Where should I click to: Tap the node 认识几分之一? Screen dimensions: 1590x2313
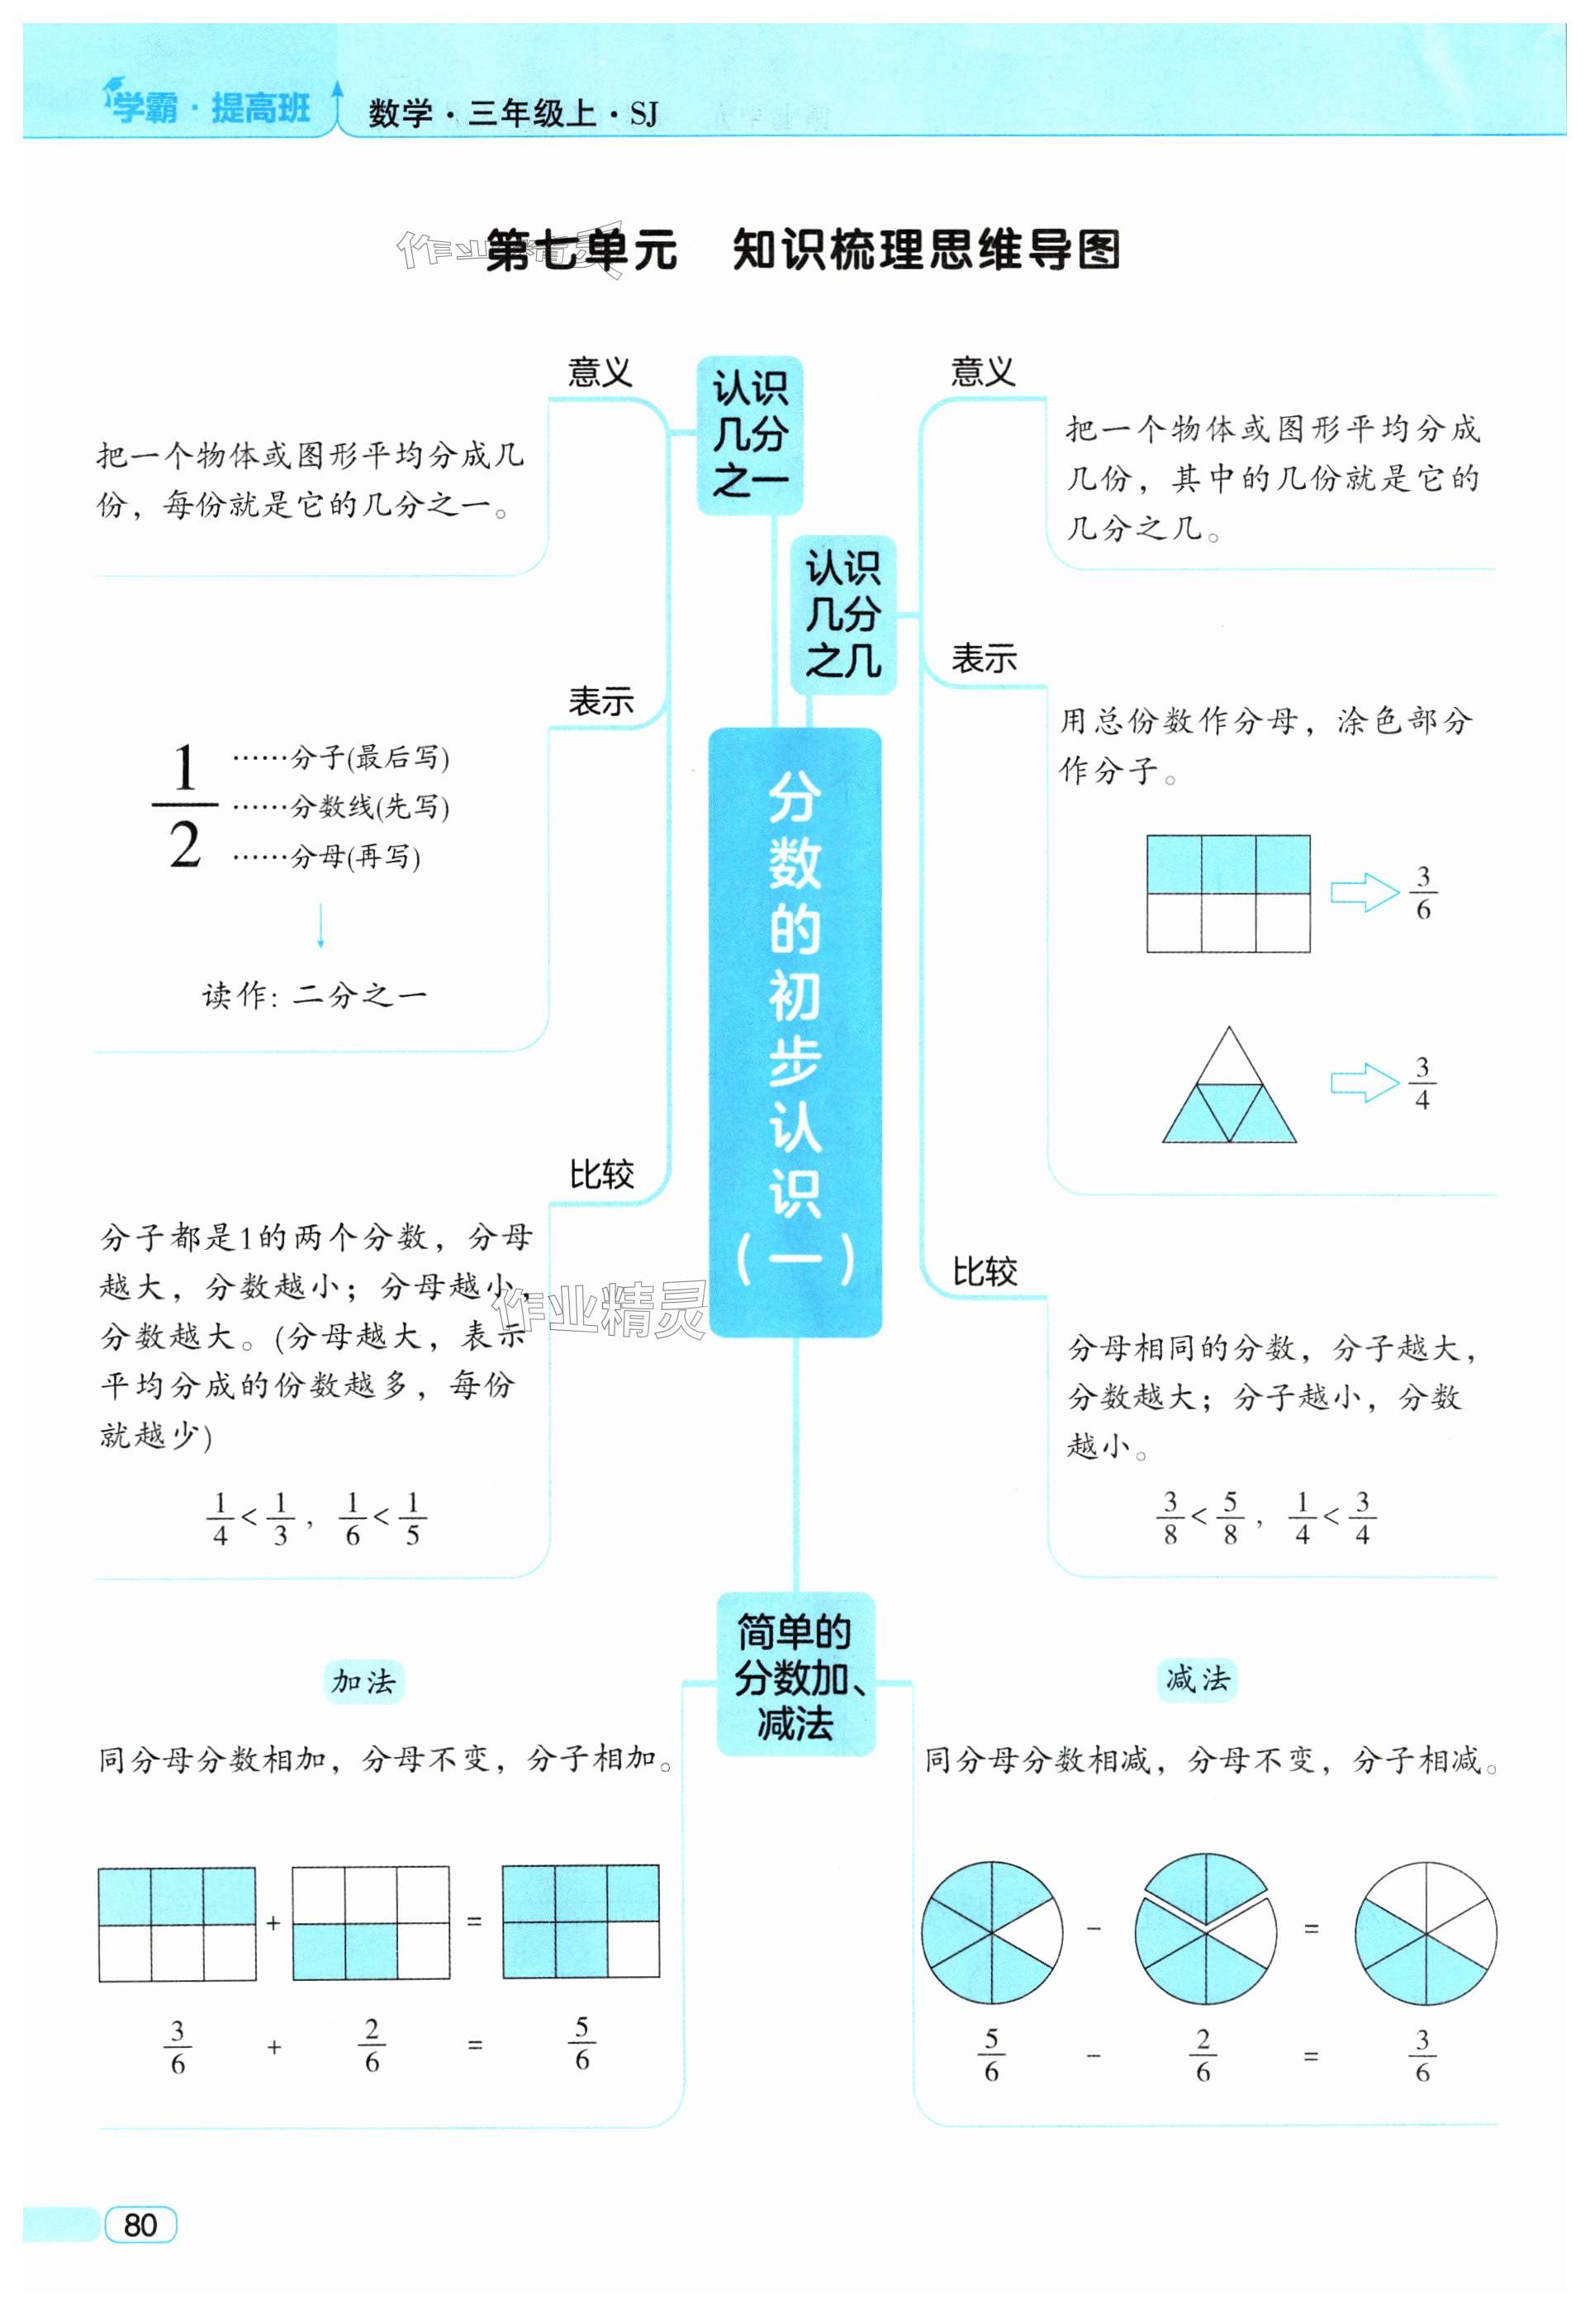click(749, 435)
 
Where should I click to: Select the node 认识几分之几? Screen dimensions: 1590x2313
click(842, 615)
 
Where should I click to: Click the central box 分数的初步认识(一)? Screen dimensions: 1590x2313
click(795, 1032)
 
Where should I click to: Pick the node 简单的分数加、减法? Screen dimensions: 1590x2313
click(795, 1679)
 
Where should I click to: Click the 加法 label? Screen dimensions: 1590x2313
click(363, 1681)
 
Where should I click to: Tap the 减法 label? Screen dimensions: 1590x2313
click(1198, 1679)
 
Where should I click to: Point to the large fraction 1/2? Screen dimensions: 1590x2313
click(185, 807)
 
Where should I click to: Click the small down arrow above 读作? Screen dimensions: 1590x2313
click(320, 925)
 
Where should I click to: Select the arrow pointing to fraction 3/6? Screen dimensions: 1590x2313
click(1365, 892)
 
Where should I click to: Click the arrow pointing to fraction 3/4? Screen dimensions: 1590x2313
click(1365, 1083)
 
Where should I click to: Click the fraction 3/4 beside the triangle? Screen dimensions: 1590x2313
click(1422, 1084)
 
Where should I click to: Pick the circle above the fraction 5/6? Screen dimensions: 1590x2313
click(991, 1932)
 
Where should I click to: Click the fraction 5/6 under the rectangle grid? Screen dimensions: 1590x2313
click(581, 2044)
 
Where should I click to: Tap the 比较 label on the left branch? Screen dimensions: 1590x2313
click(600, 1175)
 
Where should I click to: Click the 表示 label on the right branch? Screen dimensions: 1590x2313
click(983, 658)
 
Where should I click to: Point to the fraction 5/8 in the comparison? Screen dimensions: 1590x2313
click(1231, 1517)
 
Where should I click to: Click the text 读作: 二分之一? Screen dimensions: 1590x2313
click(314, 995)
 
